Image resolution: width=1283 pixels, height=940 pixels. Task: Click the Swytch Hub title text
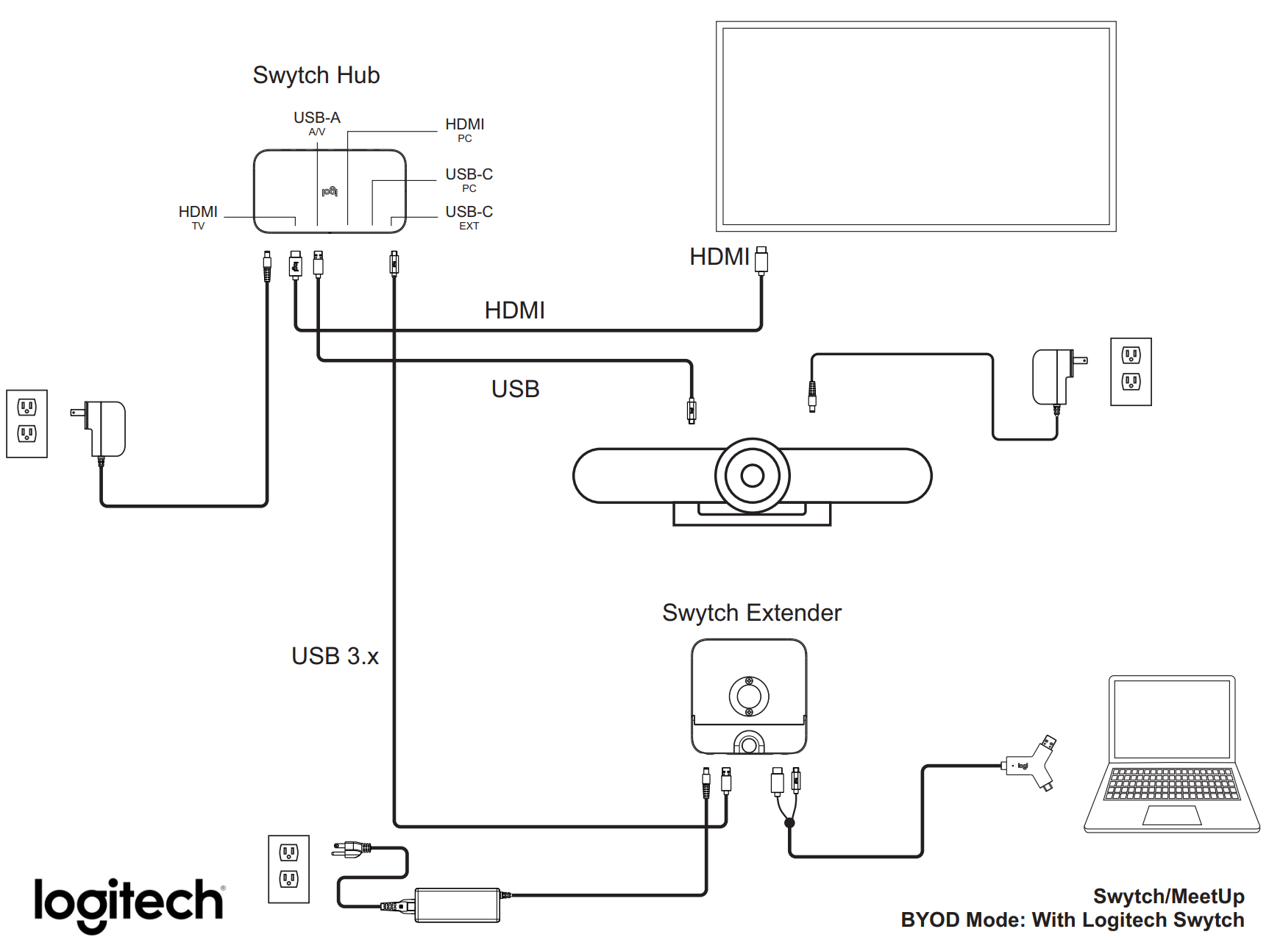point(316,75)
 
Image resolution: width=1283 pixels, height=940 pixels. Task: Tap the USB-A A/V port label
point(317,122)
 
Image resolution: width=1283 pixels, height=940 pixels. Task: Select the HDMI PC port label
point(464,129)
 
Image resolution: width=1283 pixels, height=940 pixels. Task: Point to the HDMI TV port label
point(198,216)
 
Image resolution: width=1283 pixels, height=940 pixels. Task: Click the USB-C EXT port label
point(469,216)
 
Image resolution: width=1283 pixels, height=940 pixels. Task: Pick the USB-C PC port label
point(469,179)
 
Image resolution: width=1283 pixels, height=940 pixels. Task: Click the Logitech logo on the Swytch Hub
point(330,191)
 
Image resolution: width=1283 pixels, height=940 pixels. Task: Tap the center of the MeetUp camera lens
point(752,476)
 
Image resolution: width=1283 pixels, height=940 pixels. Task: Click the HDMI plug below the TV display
point(761,260)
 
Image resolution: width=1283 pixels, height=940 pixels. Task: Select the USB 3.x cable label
point(335,656)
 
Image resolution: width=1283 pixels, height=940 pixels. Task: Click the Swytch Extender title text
point(751,613)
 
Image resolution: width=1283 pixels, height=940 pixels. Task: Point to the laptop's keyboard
point(1172,784)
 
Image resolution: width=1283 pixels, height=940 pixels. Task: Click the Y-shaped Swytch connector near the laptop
point(1033,765)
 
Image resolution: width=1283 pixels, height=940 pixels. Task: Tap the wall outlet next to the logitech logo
point(288,869)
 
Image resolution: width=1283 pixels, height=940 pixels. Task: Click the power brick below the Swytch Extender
point(458,905)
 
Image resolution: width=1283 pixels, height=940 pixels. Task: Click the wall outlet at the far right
point(1131,371)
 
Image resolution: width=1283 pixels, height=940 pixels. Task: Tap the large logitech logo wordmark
point(129,903)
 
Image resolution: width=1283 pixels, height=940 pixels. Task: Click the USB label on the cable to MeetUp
point(515,389)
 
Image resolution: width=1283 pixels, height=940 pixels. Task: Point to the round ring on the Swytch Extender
point(749,695)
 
